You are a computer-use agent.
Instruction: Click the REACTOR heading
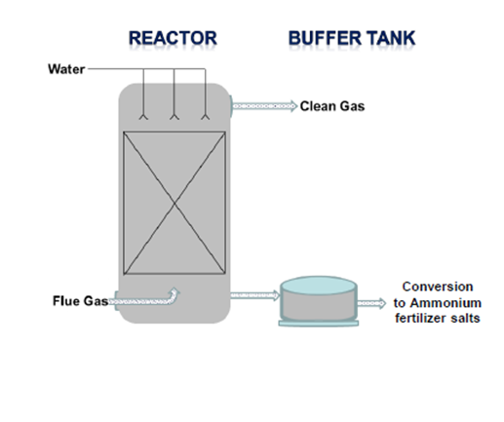[x=173, y=38]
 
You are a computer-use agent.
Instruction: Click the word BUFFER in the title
[x=325, y=38]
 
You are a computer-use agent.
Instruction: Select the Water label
[x=66, y=69]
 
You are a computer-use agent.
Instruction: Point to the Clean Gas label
[x=332, y=106]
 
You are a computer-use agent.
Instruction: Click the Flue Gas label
[x=80, y=301]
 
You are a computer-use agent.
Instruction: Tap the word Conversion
[x=438, y=287]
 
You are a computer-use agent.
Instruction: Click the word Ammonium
[x=446, y=303]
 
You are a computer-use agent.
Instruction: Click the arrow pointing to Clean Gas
[x=265, y=106]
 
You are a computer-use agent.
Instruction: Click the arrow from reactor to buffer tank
[x=255, y=295]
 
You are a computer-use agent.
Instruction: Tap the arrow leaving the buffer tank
[x=371, y=303]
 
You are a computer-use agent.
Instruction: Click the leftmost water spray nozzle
[x=143, y=117]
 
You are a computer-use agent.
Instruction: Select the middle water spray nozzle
[x=174, y=117]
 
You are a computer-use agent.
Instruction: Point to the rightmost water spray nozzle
[x=205, y=117]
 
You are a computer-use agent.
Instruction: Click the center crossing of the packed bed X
[x=174, y=203]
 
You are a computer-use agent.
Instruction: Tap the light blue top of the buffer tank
[x=319, y=286]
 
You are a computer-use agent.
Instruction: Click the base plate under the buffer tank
[x=319, y=323]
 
